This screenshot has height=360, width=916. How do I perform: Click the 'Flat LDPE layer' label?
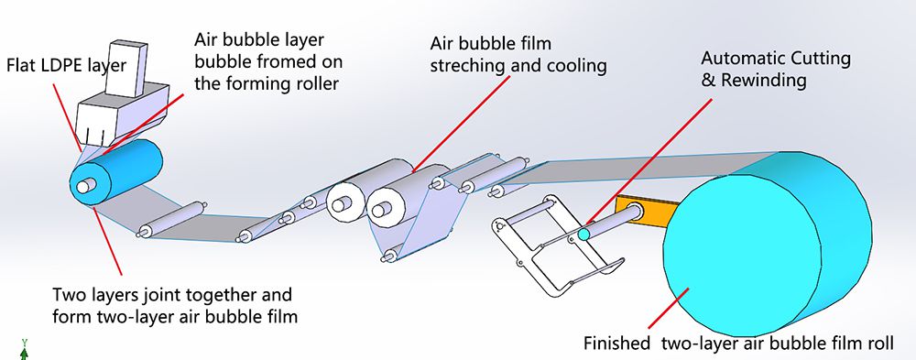click(x=57, y=65)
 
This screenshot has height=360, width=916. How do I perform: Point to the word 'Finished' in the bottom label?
click(x=616, y=344)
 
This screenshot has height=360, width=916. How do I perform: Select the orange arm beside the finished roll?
click(x=641, y=209)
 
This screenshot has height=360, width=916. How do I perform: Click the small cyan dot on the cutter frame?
click(x=583, y=235)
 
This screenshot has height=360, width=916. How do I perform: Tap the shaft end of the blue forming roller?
click(x=84, y=186)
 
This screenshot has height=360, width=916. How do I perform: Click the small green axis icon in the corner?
click(x=24, y=347)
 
